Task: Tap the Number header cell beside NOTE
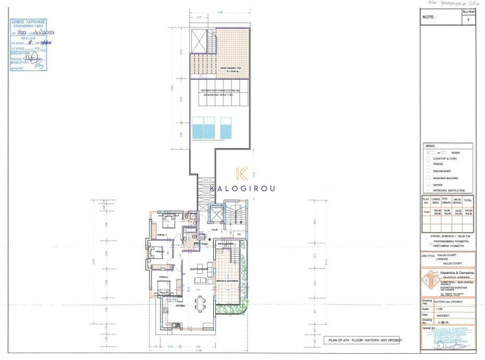(x=469, y=12)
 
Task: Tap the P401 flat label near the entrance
(x=204, y=243)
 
